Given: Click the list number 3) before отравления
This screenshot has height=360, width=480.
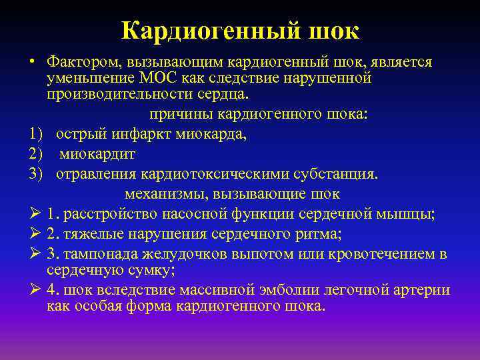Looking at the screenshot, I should coord(36,174).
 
